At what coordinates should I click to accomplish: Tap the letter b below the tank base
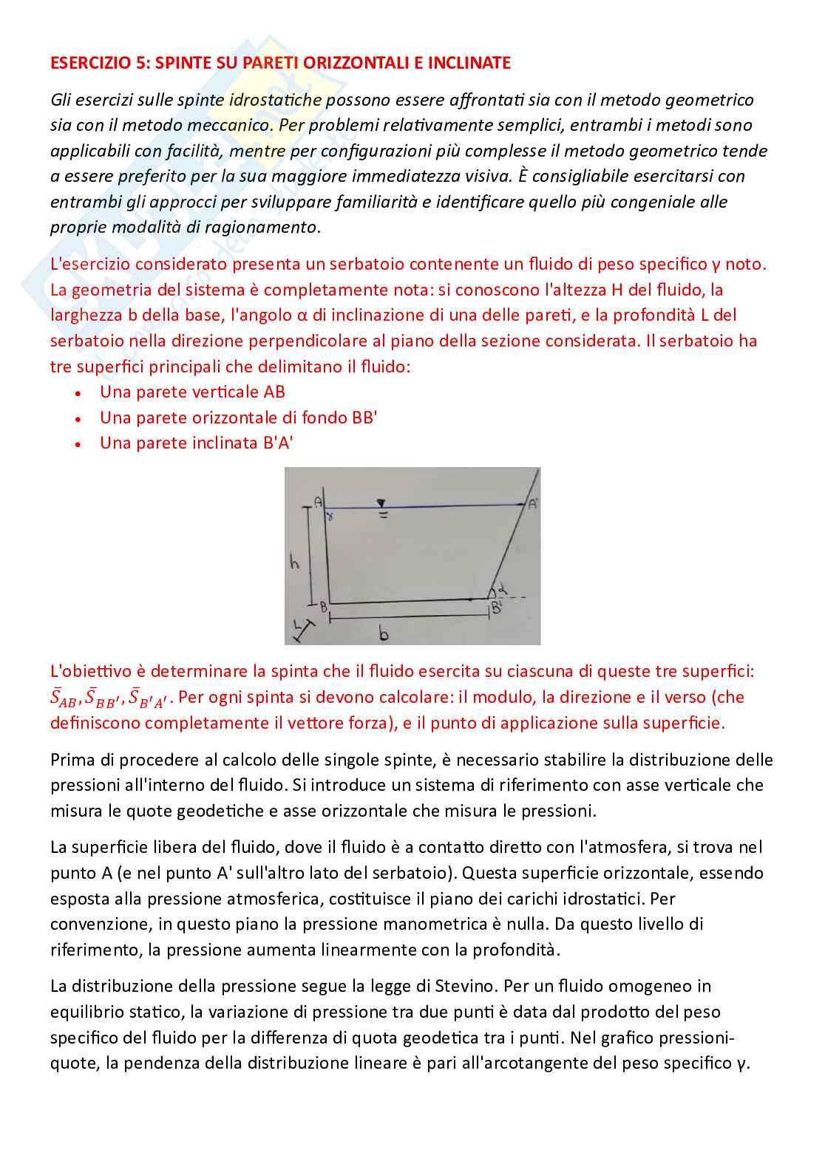point(383,633)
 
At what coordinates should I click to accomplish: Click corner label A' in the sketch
point(532,504)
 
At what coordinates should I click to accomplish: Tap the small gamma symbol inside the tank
point(330,517)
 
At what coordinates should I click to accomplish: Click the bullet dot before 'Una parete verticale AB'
point(78,393)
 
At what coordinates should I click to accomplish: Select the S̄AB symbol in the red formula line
point(64,698)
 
